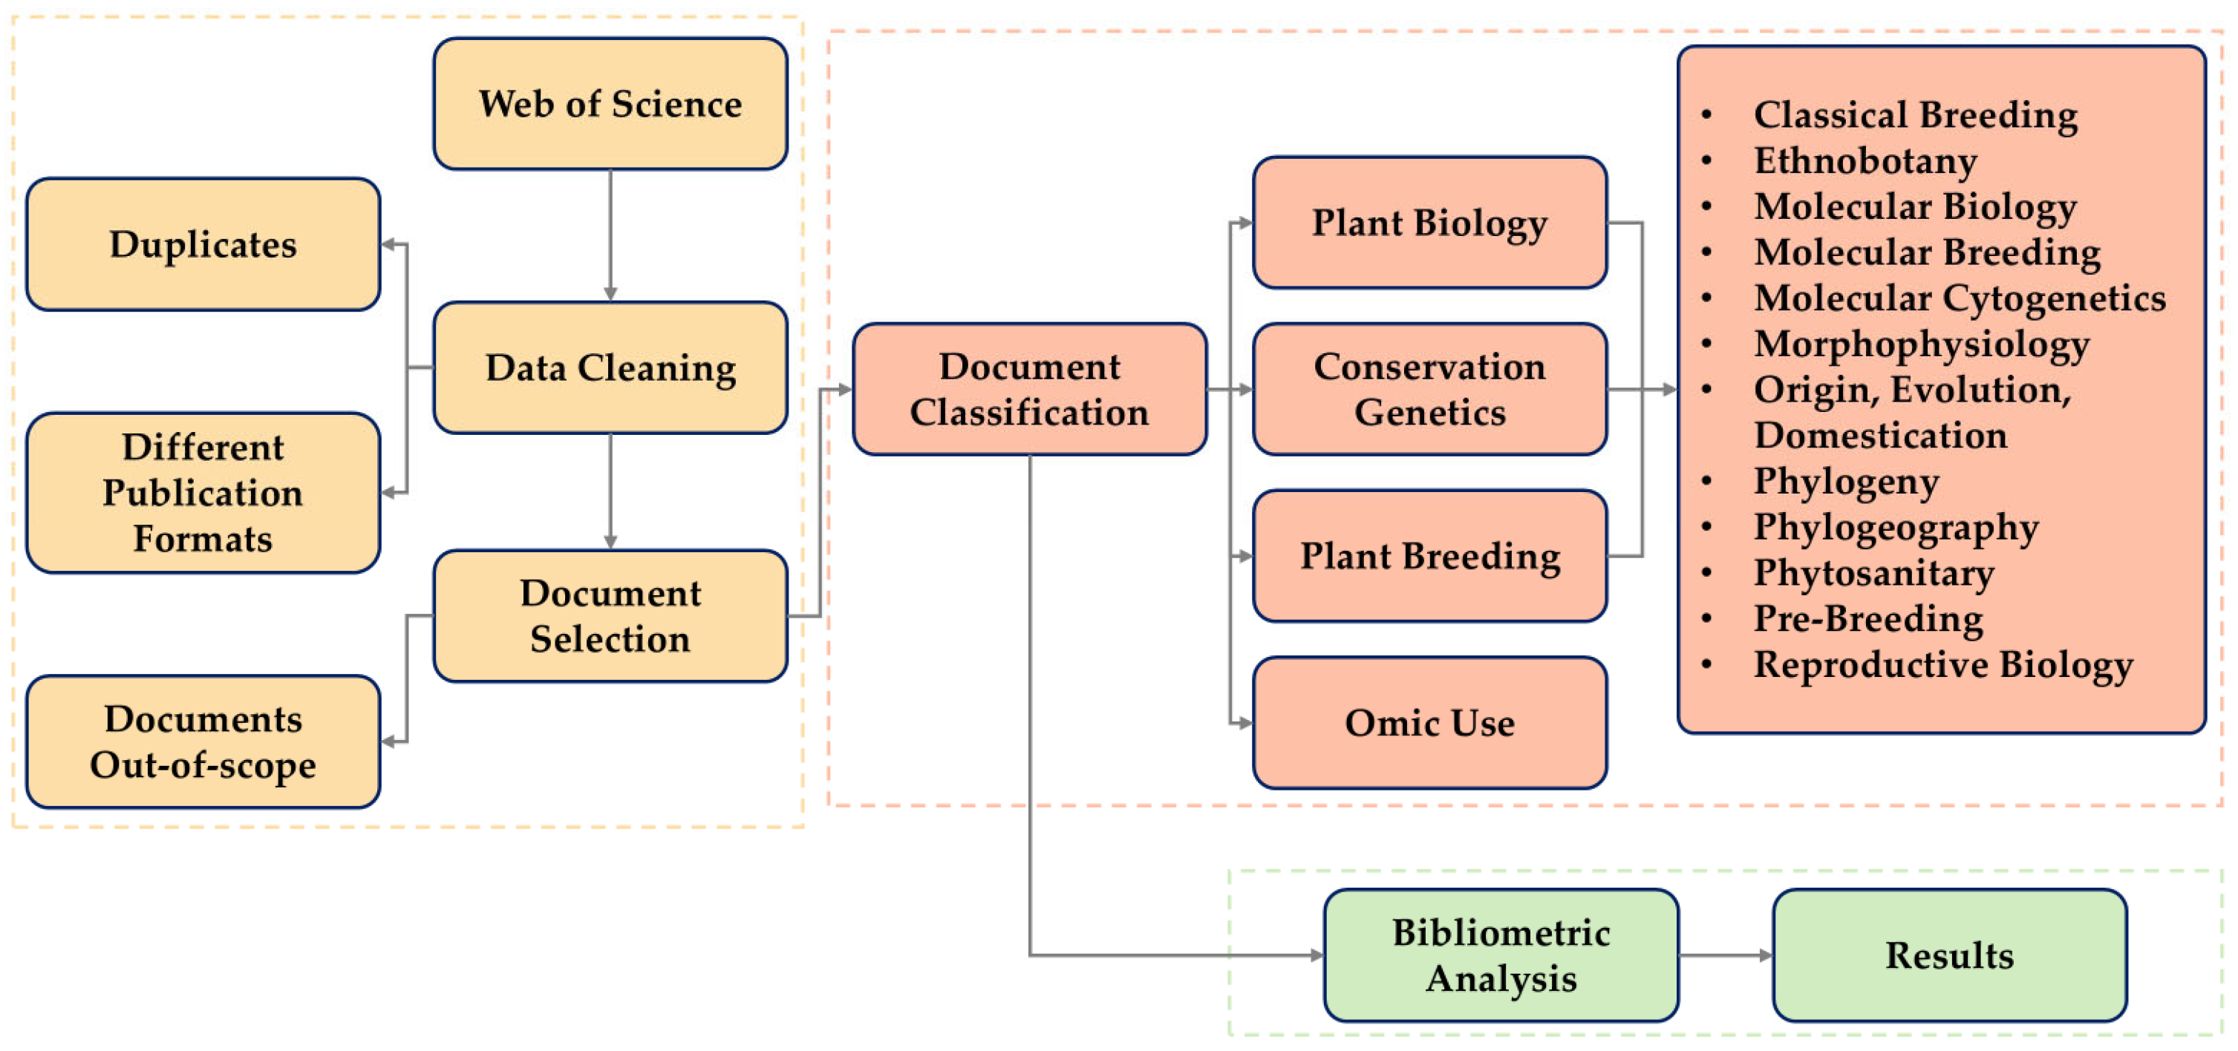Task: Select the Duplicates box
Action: (x=203, y=244)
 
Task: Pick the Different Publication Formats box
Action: (x=203, y=493)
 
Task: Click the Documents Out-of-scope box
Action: (x=203, y=741)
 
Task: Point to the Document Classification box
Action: (x=1029, y=389)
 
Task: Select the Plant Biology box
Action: (x=1429, y=223)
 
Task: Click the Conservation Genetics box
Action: (x=1429, y=389)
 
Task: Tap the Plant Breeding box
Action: (x=1429, y=556)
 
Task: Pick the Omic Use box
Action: (x=1429, y=723)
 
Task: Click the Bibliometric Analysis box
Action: (x=1501, y=955)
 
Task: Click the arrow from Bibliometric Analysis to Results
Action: (x=1725, y=955)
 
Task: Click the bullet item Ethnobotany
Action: (x=1865, y=160)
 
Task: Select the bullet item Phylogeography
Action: (x=1895, y=527)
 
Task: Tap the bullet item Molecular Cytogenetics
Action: (x=1959, y=298)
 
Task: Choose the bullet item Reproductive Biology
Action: (x=1942, y=664)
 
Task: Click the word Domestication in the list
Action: (x=1880, y=435)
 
